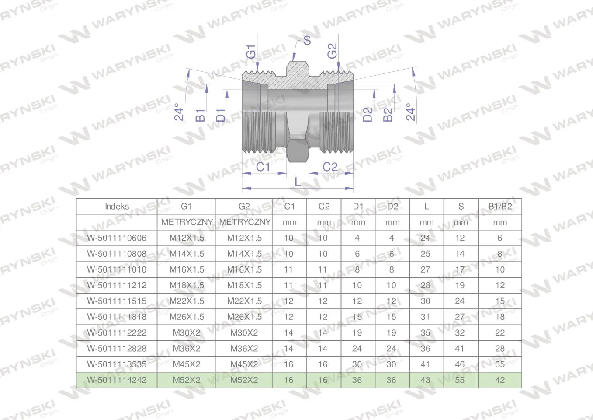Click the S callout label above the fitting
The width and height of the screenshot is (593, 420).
307,41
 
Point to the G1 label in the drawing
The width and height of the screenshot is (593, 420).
251,52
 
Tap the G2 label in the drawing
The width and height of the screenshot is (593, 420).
332,51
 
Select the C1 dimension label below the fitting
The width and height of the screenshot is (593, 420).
263,167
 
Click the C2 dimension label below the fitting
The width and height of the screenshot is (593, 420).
330,167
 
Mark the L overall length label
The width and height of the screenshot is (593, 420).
298,182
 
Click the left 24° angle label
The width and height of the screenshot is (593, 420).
179,112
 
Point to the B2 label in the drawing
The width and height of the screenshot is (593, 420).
388,115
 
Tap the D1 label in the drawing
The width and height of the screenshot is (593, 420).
221,115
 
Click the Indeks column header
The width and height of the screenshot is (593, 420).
117,206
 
